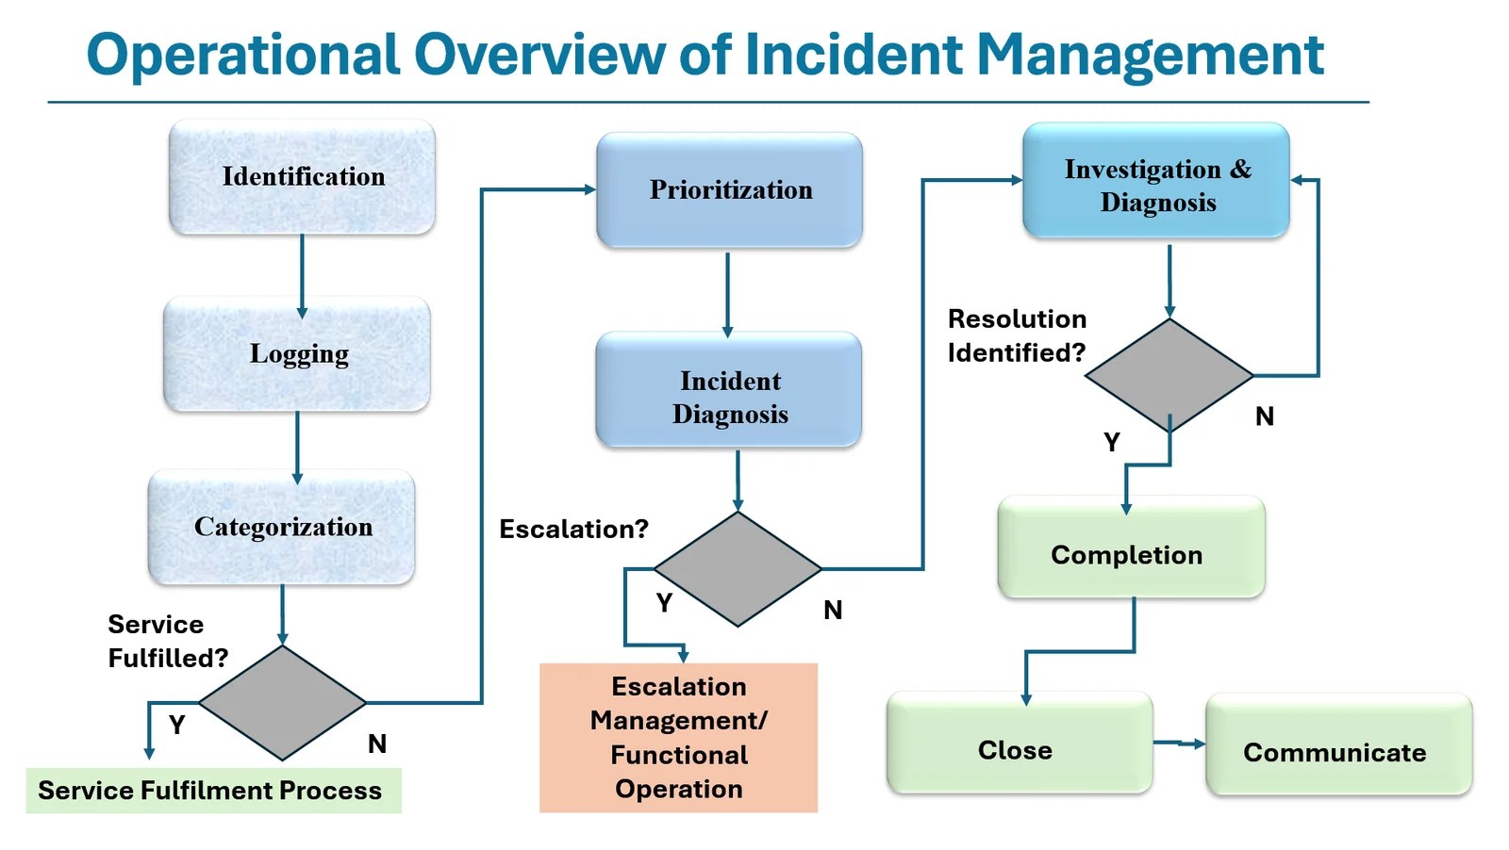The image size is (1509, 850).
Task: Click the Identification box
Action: click(302, 176)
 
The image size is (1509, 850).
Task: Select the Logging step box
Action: click(297, 353)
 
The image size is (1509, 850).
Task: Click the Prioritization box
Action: click(729, 189)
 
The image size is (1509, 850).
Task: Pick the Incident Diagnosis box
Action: click(729, 389)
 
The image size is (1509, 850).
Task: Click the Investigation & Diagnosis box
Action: click(1156, 180)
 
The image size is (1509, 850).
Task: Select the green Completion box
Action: click(1131, 548)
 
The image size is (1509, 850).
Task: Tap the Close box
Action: click(1020, 743)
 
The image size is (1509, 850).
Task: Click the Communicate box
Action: click(1338, 744)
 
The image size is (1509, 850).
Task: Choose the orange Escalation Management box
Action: click(678, 738)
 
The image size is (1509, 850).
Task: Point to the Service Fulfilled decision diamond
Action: click(282, 703)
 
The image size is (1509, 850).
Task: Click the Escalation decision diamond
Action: click(738, 569)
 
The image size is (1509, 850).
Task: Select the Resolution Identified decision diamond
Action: click(1169, 375)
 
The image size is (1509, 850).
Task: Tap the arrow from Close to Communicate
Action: click(1179, 744)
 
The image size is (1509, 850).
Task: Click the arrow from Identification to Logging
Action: click(302, 275)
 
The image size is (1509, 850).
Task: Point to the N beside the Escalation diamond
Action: click(833, 610)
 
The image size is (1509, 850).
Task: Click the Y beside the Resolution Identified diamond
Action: click(1112, 442)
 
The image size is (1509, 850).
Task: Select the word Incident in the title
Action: click(854, 55)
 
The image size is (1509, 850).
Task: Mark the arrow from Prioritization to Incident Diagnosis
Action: click(727, 293)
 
